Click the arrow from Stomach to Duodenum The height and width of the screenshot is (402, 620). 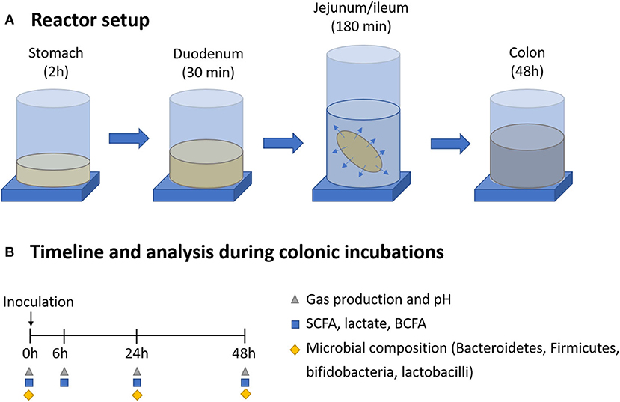click(129, 138)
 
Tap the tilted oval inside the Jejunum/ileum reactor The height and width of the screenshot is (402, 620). click(362, 151)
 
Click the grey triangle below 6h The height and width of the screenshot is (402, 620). click(65, 371)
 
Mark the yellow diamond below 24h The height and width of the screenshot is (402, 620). click(137, 394)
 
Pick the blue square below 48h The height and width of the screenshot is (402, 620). click(245, 383)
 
